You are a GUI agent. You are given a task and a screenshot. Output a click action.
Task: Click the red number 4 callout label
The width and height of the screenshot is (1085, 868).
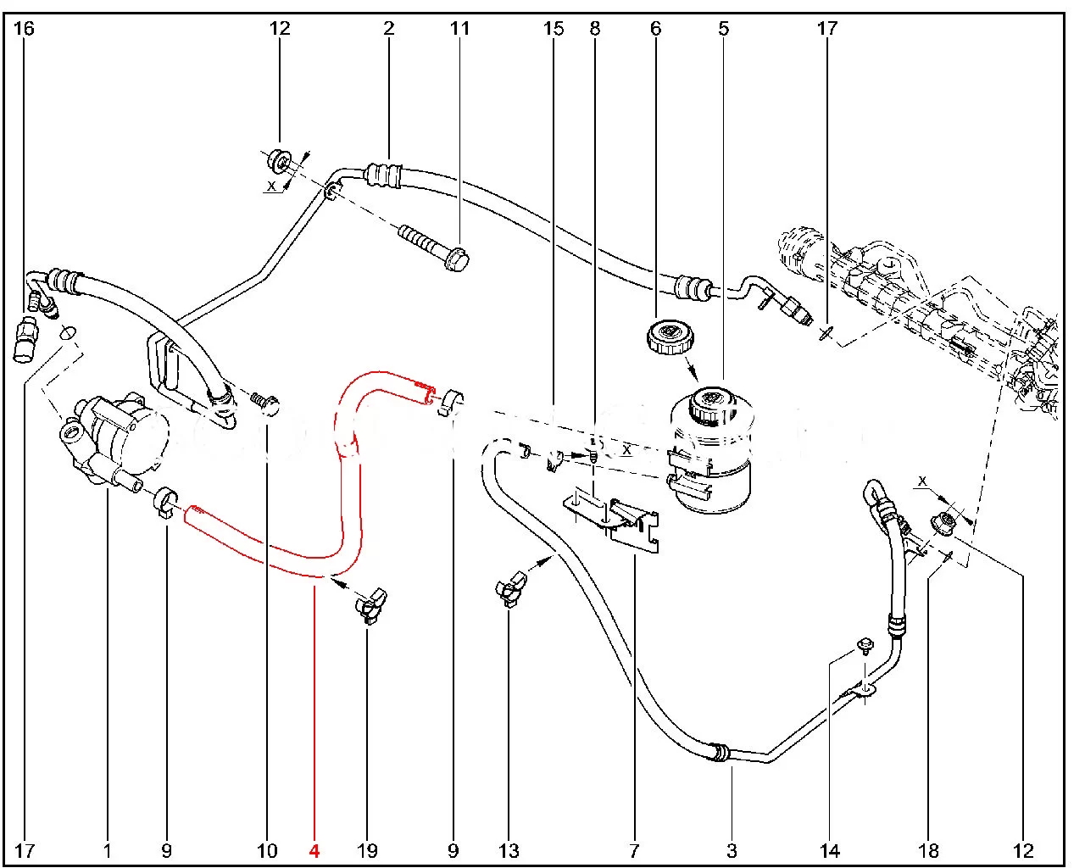pyautogui.click(x=314, y=850)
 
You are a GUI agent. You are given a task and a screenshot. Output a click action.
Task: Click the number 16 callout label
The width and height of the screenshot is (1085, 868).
pyautogui.click(x=24, y=29)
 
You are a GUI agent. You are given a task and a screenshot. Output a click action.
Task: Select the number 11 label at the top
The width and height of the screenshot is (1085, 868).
pyautogui.click(x=459, y=29)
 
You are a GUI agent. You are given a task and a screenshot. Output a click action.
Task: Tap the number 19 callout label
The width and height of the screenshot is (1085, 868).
pyautogui.click(x=367, y=850)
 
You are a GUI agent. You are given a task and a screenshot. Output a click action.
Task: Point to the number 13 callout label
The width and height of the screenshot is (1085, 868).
pyautogui.click(x=509, y=850)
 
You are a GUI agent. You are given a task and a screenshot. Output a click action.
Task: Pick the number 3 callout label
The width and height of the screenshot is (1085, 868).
pyautogui.click(x=732, y=850)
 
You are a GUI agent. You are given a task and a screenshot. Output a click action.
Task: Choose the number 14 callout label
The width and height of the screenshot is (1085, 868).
pyautogui.click(x=829, y=850)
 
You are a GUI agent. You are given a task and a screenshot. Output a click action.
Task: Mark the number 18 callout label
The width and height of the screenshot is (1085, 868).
pyautogui.click(x=928, y=850)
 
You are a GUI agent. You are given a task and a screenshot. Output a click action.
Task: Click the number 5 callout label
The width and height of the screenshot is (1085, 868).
pyautogui.click(x=723, y=29)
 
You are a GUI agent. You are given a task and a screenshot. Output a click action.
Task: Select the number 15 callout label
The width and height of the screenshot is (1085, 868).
pyautogui.click(x=553, y=29)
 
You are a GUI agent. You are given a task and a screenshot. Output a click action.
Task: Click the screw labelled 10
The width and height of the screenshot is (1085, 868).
pyautogui.click(x=265, y=403)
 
